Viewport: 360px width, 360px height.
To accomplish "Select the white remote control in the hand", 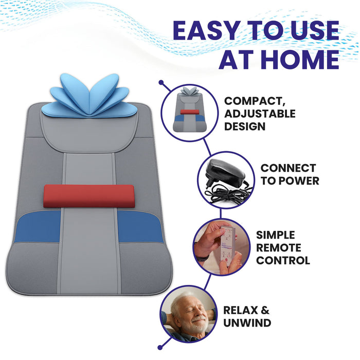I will (x=223, y=242).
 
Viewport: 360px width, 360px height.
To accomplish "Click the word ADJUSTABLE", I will (x=260, y=113).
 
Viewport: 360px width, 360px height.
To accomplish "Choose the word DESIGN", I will (x=245, y=126).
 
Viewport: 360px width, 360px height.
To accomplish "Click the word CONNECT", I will (x=288, y=168).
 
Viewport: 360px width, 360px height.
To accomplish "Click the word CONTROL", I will (x=283, y=260).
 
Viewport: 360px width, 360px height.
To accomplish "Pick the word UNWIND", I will (x=247, y=323).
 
